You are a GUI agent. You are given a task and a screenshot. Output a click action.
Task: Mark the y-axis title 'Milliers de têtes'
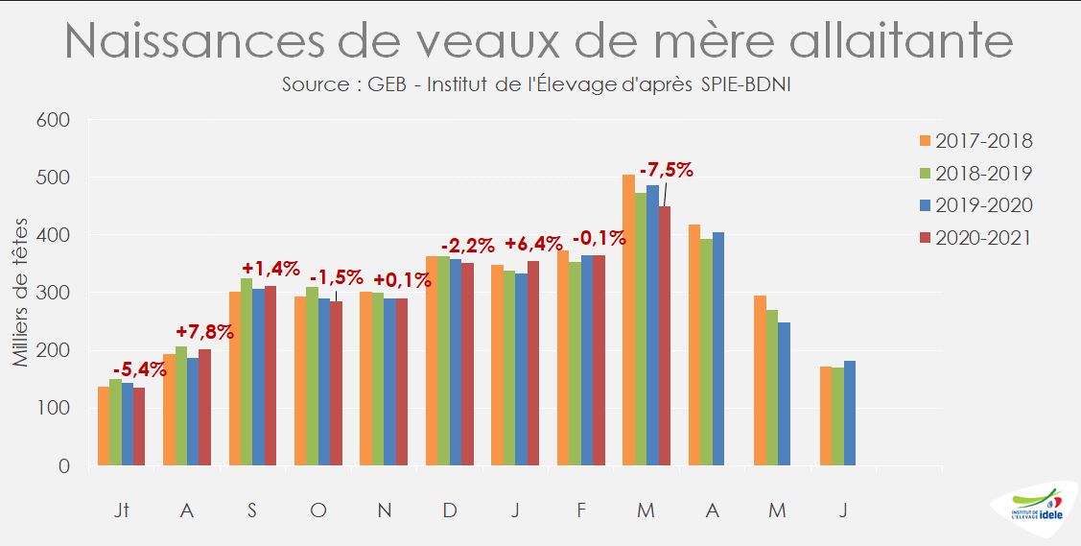[x=21, y=293]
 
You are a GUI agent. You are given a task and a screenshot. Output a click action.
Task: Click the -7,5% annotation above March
[x=666, y=170]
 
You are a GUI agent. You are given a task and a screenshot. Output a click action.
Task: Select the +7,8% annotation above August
[x=202, y=332]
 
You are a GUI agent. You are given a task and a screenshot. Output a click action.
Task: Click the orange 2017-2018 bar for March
[x=629, y=320]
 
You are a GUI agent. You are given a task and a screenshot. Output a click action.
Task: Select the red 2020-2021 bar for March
[x=665, y=336]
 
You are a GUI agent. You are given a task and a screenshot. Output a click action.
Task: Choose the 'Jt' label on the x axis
[x=121, y=510]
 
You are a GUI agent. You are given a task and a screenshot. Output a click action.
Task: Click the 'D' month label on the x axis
[x=449, y=510]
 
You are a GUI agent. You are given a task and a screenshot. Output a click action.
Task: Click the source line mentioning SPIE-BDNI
[x=537, y=84]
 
